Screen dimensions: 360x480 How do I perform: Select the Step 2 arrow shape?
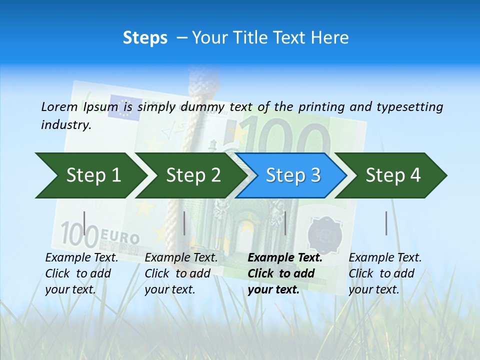click(193, 175)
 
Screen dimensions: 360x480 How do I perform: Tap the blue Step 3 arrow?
click(293, 175)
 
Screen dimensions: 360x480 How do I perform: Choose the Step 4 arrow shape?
click(393, 175)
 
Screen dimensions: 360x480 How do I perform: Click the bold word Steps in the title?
click(145, 38)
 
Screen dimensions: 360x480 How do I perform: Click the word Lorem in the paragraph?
click(59, 106)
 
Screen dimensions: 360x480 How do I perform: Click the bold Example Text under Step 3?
click(285, 258)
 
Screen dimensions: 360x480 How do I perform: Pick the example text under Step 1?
click(81, 273)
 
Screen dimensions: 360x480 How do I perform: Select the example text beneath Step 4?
click(385, 273)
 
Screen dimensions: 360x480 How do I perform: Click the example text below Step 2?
click(181, 273)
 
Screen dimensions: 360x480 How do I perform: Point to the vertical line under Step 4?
click(386, 223)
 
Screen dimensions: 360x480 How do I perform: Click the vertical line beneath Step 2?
click(184, 223)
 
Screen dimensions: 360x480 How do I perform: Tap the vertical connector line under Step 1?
click(84, 223)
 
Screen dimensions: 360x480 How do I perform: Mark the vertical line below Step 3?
click(285, 223)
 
